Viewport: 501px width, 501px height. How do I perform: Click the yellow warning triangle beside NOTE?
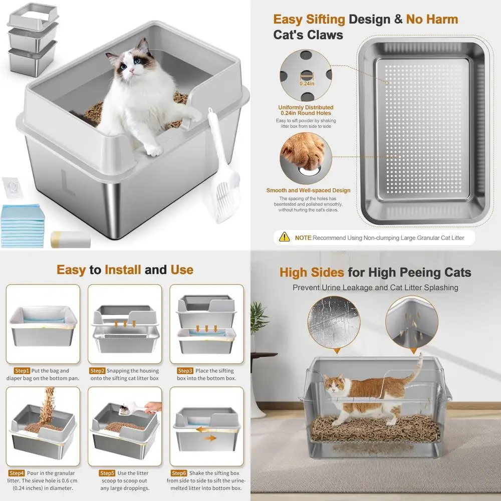click(285, 236)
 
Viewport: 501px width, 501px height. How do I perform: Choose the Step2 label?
click(97, 371)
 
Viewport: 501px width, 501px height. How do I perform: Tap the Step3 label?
click(185, 371)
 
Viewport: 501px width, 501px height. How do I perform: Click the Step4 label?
click(17, 473)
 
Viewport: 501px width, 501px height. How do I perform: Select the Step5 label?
click(107, 473)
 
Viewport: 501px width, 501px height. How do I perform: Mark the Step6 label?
click(180, 473)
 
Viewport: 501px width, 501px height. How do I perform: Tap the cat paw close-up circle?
click(306, 160)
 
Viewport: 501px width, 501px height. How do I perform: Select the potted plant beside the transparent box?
click(259, 321)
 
